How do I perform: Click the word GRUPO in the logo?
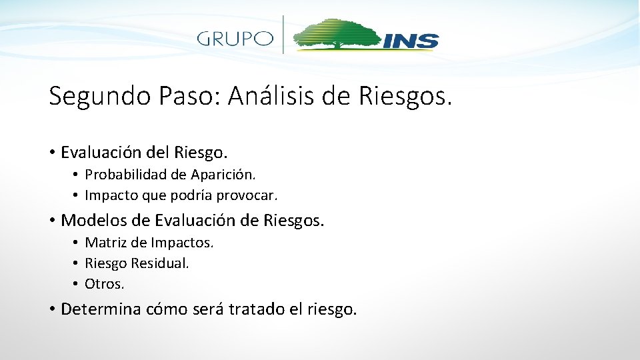235,38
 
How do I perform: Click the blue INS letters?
411,41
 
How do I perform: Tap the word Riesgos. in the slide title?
405,97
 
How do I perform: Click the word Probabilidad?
126,175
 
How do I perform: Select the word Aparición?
223,175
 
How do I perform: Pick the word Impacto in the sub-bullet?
109,195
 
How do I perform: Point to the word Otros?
105,284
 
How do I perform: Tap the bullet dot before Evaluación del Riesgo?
51,153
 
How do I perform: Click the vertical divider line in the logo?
284,35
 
